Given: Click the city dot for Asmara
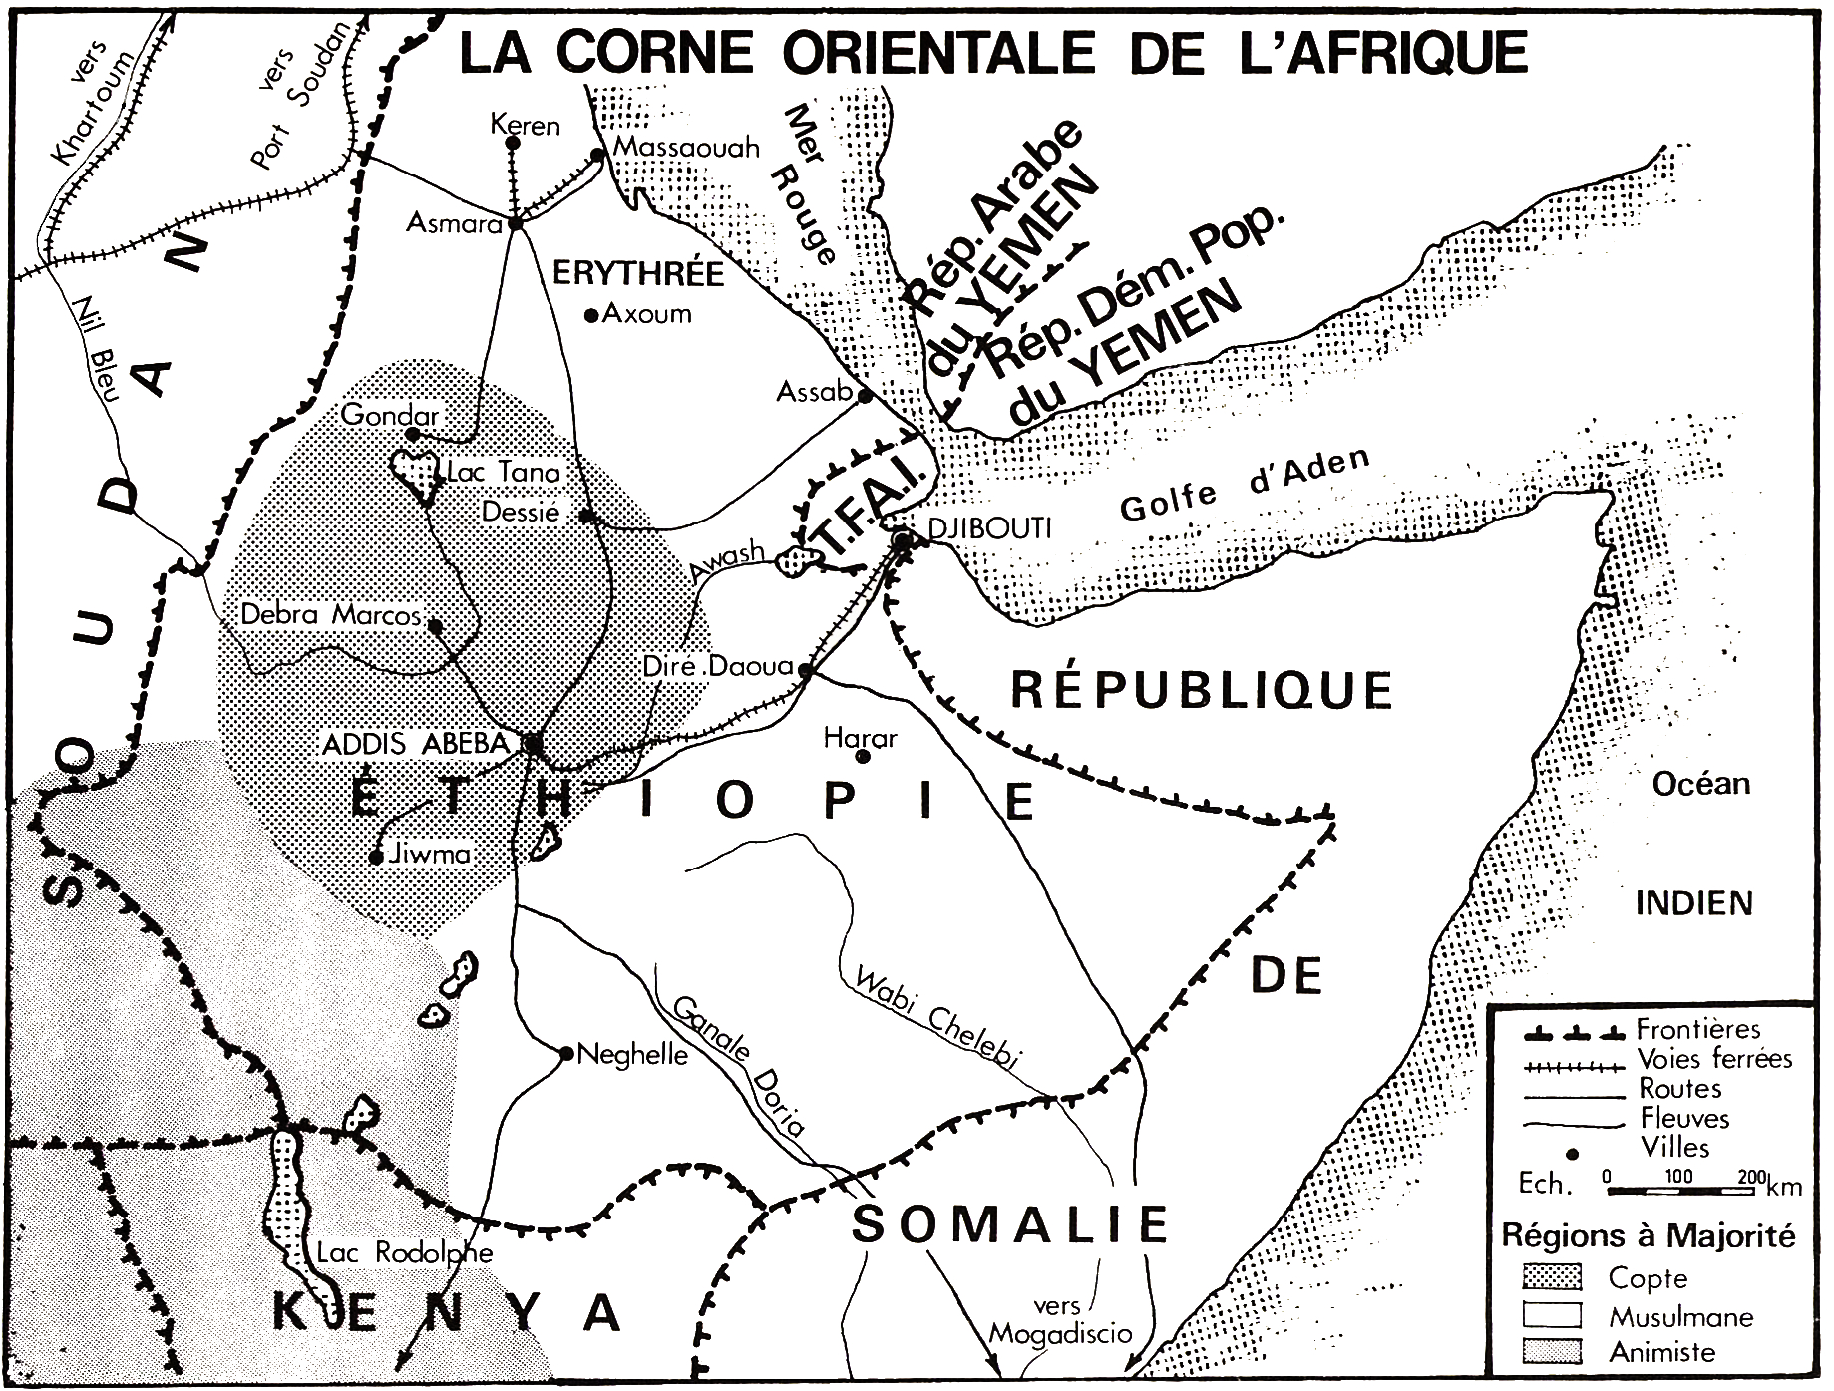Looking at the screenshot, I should pyautogui.click(x=516, y=223).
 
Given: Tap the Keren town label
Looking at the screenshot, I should pyautogui.click(x=526, y=126).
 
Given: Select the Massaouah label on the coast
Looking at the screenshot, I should pyautogui.click(x=686, y=148).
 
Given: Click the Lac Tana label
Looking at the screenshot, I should pyautogui.click(x=504, y=473).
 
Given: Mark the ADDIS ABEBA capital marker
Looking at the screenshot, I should pyautogui.click(x=533, y=743).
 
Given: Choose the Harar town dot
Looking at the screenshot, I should pyautogui.click(x=864, y=757).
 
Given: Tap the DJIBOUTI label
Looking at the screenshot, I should pyautogui.click(x=989, y=528).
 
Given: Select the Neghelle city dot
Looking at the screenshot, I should pyautogui.click(x=565, y=1053).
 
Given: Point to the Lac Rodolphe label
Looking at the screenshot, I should pyautogui.click(x=404, y=1253).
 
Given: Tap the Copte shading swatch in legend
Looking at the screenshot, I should pyautogui.click(x=1554, y=1277).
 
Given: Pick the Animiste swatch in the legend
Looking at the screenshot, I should pyautogui.click(x=1554, y=1353).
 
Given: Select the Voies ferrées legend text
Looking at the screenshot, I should pyautogui.click(x=1713, y=1059).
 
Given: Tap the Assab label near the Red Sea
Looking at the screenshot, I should pyautogui.click(x=814, y=393).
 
